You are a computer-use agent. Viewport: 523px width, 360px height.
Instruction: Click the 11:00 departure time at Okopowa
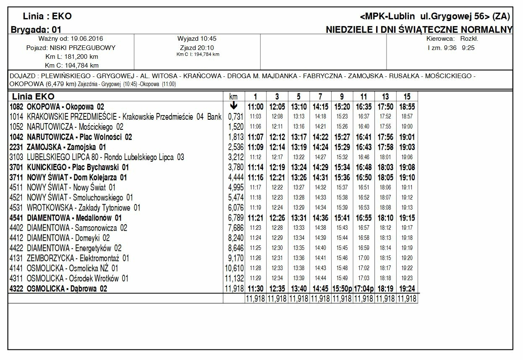point(256,107)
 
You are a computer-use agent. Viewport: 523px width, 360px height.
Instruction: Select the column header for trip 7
point(320,97)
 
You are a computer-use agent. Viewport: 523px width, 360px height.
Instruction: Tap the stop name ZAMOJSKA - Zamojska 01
point(66,147)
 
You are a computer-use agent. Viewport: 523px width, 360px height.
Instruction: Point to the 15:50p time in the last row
point(342,289)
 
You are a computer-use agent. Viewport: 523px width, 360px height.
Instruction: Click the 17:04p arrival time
point(364,289)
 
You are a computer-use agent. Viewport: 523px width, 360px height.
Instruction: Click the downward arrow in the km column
point(234,106)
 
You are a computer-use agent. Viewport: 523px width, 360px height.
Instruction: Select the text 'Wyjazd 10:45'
point(197,39)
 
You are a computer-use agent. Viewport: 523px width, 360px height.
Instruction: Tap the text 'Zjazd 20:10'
point(197,47)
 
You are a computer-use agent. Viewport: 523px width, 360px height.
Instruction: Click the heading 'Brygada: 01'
point(36,29)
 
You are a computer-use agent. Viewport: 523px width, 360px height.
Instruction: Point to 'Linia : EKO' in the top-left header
point(47,16)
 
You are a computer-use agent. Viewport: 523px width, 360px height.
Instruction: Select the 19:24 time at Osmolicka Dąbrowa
point(407,289)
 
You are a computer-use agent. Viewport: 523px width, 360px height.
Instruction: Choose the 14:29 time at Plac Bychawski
point(320,168)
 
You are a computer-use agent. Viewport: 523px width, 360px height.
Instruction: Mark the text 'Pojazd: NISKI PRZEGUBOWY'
point(71,47)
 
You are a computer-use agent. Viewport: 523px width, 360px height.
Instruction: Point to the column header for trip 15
point(407,97)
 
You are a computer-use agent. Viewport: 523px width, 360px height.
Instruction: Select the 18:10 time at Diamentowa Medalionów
point(385,218)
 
